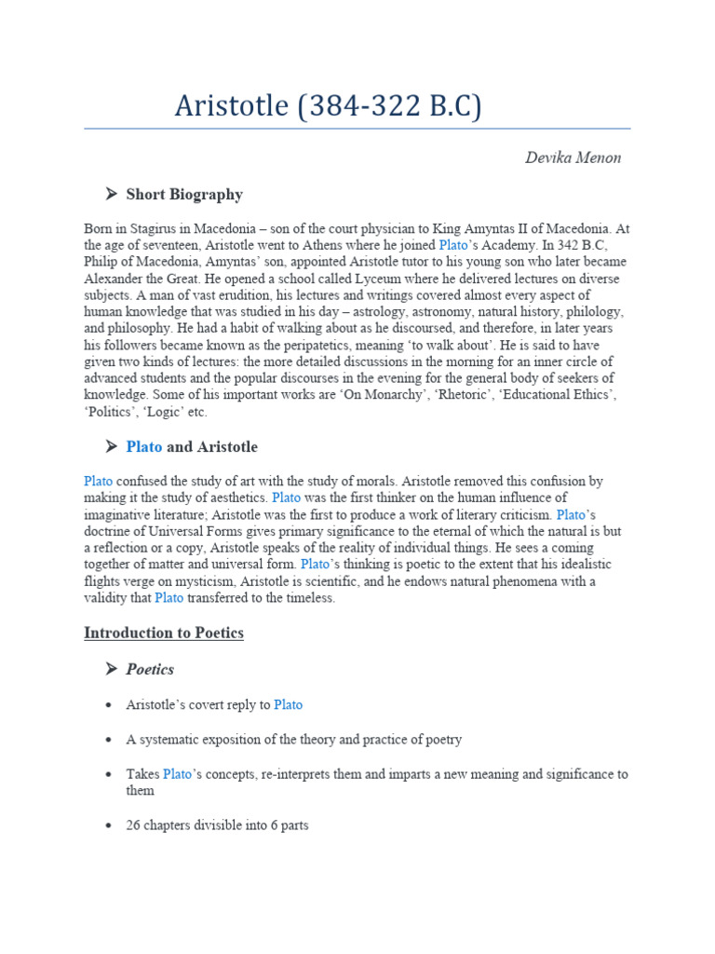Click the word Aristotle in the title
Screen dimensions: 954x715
231,106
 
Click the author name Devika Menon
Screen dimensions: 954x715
573,157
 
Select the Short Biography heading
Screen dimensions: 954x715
184,195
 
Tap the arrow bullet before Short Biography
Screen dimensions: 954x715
111,195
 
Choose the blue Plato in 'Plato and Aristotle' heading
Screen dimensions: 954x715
144,447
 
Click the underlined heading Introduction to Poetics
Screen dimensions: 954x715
164,634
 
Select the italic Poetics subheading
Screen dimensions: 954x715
150,670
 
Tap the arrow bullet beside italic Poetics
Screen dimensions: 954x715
111,670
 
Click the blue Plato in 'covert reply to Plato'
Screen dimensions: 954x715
289,705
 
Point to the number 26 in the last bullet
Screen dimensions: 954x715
133,825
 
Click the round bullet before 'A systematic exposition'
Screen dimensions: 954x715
111,741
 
